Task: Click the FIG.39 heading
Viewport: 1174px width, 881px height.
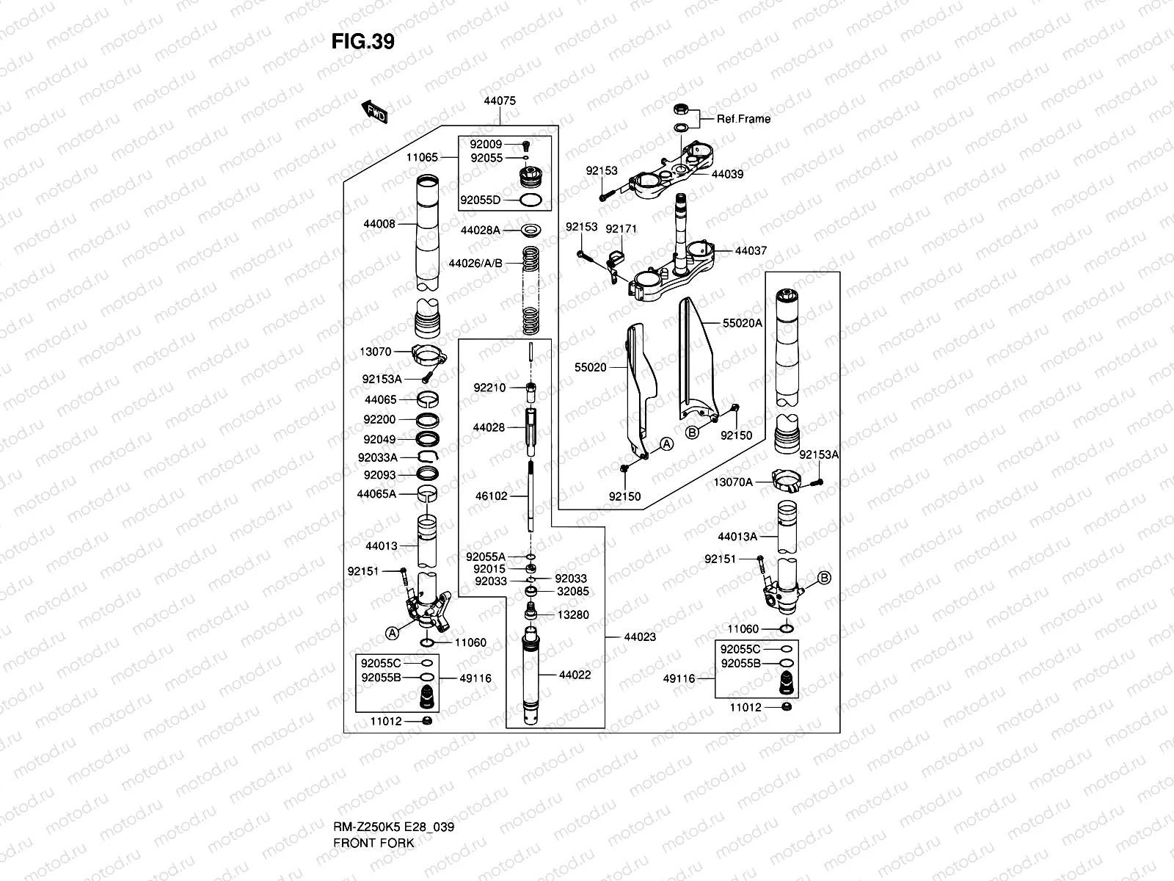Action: coord(362,41)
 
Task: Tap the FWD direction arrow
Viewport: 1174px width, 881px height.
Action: coord(374,112)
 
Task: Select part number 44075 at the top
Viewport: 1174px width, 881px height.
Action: coord(500,101)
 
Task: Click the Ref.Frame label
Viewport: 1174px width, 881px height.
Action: coord(743,119)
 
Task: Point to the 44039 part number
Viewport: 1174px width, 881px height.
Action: coord(727,174)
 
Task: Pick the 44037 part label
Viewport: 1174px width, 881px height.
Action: coord(751,250)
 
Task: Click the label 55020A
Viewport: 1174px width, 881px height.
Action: coord(743,323)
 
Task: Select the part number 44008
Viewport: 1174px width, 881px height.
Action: coord(379,224)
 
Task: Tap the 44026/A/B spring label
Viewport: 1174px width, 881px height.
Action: coord(475,263)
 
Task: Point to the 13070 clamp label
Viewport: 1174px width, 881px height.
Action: coord(376,352)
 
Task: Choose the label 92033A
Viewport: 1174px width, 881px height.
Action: coord(378,457)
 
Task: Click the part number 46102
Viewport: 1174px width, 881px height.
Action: coord(491,496)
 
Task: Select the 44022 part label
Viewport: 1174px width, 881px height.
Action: coord(575,675)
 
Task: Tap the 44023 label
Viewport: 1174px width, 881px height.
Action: coord(640,637)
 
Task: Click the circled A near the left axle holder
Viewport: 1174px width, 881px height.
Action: coord(392,634)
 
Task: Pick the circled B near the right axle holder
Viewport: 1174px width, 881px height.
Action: coord(824,578)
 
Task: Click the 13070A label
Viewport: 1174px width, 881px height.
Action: coord(733,482)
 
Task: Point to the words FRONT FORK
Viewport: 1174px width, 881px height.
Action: coord(374,843)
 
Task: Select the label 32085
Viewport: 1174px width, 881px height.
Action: coord(573,591)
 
